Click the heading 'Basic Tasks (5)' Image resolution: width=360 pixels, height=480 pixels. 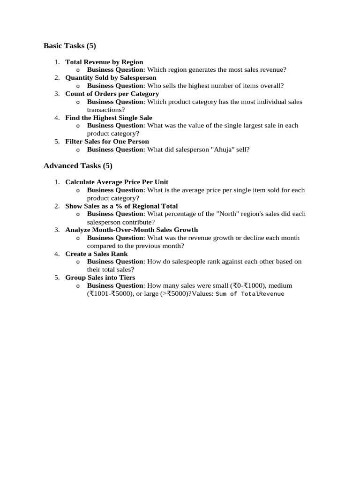[x=69, y=46]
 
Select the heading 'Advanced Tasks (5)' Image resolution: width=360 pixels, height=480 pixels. [x=78, y=166]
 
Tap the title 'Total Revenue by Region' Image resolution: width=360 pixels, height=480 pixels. [x=104, y=62]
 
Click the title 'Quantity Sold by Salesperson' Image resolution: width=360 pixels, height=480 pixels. [x=111, y=78]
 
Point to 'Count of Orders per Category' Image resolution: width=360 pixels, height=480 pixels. [x=112, y=94]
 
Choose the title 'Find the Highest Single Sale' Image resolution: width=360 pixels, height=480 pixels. [x=109, y=118]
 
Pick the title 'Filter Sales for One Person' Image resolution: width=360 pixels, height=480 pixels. [x=107, y=142]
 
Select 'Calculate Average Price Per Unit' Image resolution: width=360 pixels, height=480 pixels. [x=117, y=182]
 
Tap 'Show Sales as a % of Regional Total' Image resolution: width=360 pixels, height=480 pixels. [x=121, y=206]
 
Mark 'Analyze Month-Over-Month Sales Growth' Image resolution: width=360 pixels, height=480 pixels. [x=131, y=230]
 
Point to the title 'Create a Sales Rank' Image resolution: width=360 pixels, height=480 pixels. [x=97, y=254]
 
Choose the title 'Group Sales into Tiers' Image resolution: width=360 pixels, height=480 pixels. [x=100, y=277]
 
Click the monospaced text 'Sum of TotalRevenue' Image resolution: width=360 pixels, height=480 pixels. [x=250, y=294]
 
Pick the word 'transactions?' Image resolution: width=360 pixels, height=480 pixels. [x=106, y=110]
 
